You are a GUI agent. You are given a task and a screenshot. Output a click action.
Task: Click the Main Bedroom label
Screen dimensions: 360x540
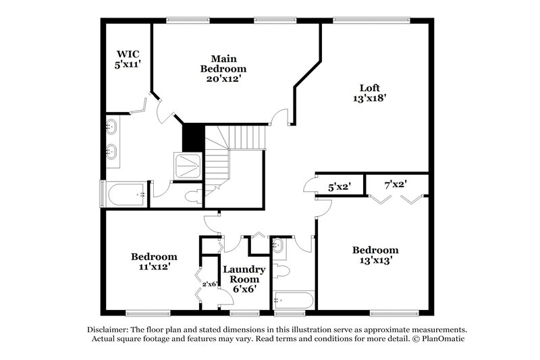pyautogui.click(x=223, y=68)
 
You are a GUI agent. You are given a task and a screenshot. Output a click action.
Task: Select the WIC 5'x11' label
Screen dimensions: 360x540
pyautogui.click(x=128, y=59)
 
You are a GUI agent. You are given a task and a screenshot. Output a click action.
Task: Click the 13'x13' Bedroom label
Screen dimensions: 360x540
pyautogui.click(x=375, y=255)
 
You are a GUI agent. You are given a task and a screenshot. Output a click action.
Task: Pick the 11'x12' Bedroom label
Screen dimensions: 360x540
pyautogui.click(x=154, y=261)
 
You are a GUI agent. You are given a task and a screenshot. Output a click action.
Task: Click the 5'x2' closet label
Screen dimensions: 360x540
pyautogui.click(x=340, y=187)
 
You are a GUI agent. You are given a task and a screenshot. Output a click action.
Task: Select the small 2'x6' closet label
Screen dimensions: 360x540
pyautogui.click(x=209, y=284)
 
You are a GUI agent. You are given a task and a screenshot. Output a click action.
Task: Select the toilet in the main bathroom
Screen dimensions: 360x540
pyautogui.click(x=192, y=195)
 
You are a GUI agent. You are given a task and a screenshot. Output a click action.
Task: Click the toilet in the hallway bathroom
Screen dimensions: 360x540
pyautogui.click(x=283, y=271)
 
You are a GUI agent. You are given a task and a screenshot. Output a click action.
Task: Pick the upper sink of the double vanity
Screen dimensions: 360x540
pyautogui.click(x=112, y=127)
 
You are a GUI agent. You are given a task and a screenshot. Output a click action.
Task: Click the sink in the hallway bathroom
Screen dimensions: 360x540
pyautogui.click(x=278, y=247)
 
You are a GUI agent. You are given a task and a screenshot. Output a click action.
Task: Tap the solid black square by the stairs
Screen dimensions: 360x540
pyautogui.click(x=193, y=138)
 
